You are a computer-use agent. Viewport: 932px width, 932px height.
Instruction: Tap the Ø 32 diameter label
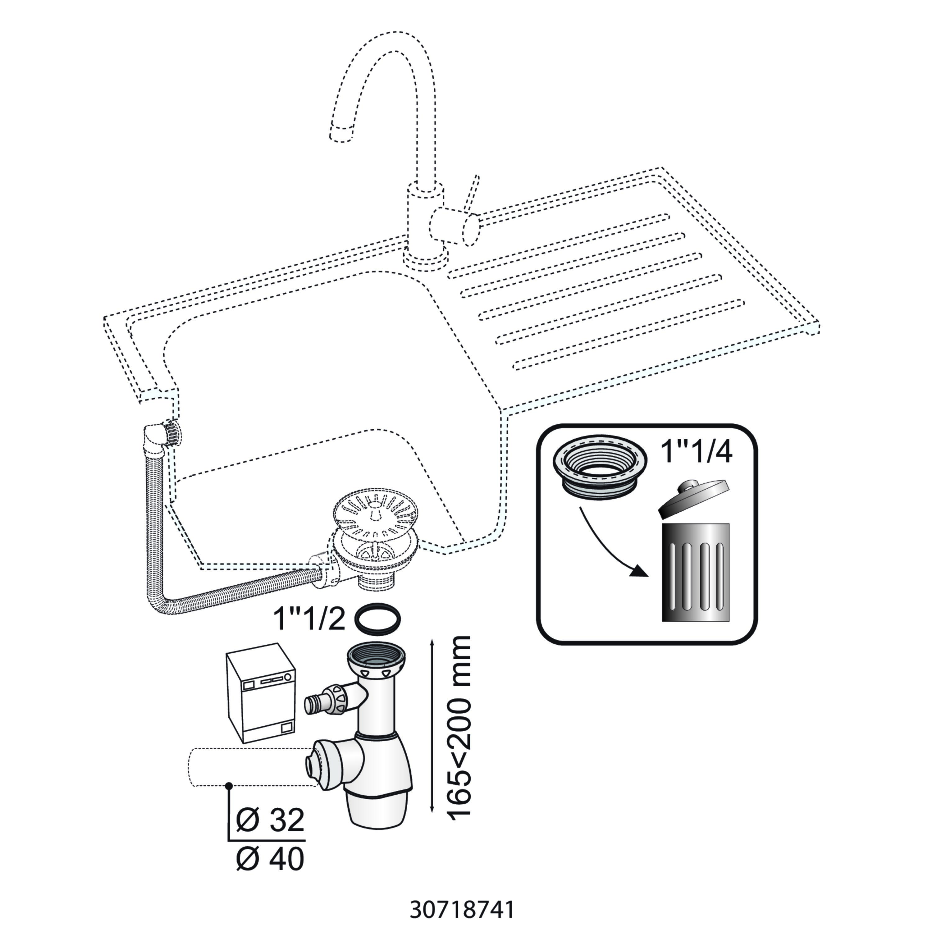(271, 820)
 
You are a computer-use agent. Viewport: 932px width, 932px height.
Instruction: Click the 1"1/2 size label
(309, 619)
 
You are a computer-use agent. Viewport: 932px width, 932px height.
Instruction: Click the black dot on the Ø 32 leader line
(230, 786)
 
